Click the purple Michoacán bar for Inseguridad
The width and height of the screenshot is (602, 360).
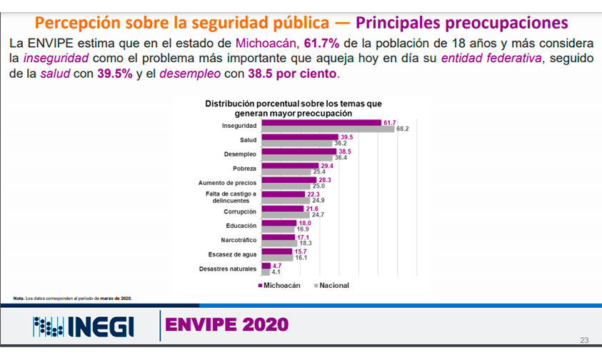click(321, 122)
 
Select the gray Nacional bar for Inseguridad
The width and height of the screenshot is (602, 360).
click(328, 129)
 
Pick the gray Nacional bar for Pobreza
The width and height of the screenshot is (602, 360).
click(286, 171)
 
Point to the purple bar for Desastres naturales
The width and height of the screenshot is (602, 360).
click(266, 266)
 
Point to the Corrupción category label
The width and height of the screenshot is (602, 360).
click(240, 211)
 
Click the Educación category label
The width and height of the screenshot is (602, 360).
click(241, 226)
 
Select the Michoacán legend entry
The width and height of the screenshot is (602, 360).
click(279, 285)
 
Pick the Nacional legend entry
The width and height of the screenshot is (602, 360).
click(330, 285)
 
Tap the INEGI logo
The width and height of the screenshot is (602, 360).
click(83, 327)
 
